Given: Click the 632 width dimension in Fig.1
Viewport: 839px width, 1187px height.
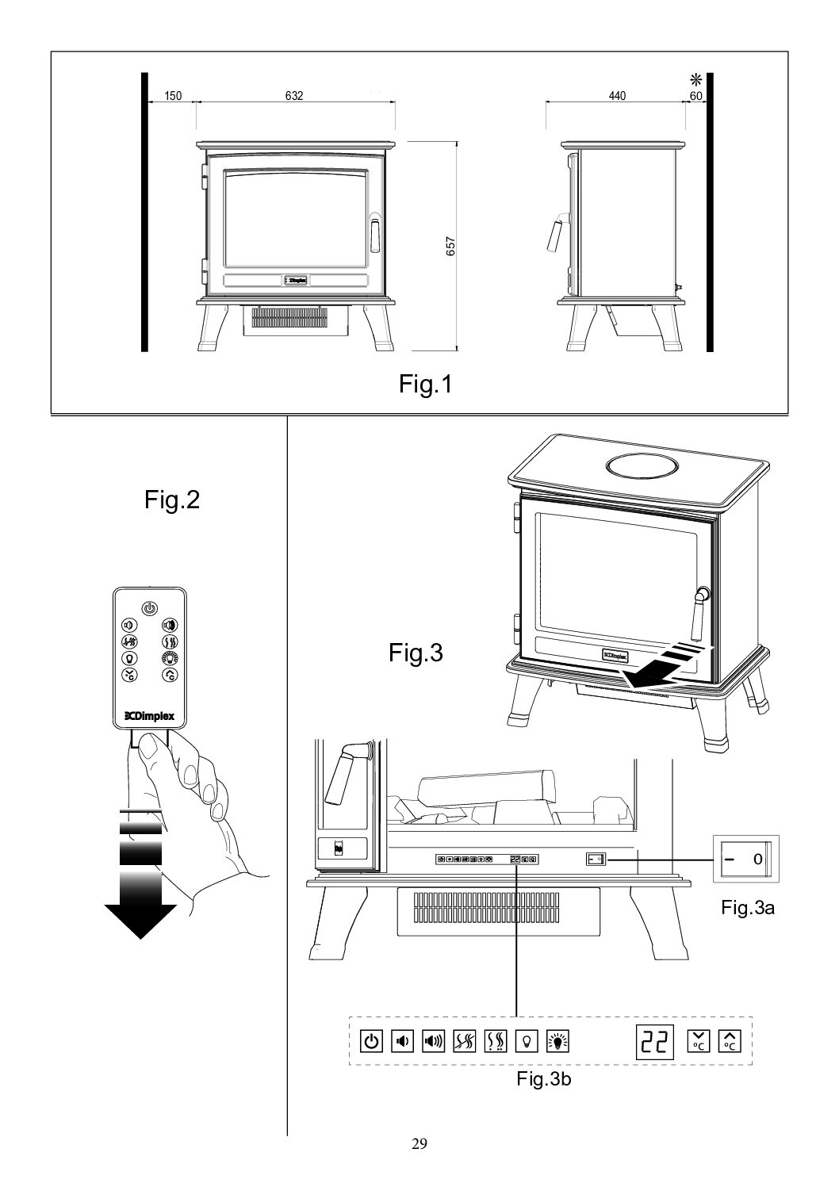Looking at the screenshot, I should coord(294,96).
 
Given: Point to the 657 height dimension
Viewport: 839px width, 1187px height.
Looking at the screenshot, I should coord(450,247).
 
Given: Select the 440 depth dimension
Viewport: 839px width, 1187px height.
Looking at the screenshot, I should coord(617,96).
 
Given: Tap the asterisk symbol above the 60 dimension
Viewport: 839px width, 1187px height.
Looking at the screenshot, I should coord(695,79).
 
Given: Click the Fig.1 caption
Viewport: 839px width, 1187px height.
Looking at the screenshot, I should coord(425,385).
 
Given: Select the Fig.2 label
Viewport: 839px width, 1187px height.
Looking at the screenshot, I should coord(172,500).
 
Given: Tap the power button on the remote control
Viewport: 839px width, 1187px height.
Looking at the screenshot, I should coord(149,608).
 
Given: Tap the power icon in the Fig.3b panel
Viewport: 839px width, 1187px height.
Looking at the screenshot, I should coord(371,1040).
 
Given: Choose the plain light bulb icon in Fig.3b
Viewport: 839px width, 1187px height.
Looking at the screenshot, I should coord(526,1040).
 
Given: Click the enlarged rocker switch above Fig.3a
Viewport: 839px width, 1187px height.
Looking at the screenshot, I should coord(747,859).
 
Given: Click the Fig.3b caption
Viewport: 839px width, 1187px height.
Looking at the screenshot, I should coord(543,1079).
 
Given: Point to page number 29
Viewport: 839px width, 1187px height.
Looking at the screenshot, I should coord(419,1143).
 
